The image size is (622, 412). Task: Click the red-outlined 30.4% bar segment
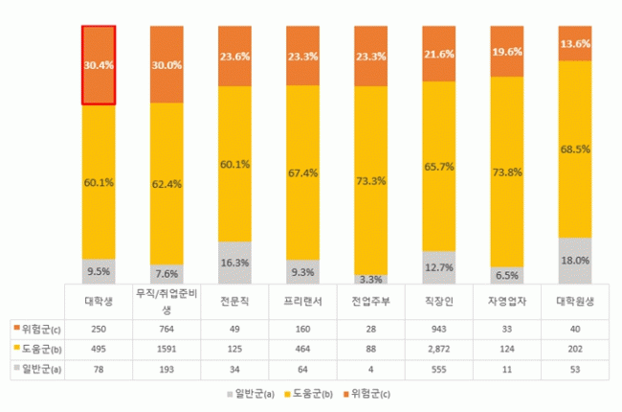[99, 64]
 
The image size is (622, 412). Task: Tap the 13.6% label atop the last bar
[575, 43]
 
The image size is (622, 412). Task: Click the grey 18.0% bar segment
[575, 261]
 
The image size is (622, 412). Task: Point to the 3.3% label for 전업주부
[371, 280]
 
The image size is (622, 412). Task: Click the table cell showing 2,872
[439, 348]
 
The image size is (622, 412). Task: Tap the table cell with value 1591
[167, 348]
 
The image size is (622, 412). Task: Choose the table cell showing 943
[439, 330]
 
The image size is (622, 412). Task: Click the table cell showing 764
[167, 330]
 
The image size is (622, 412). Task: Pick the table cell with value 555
[439, 367]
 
